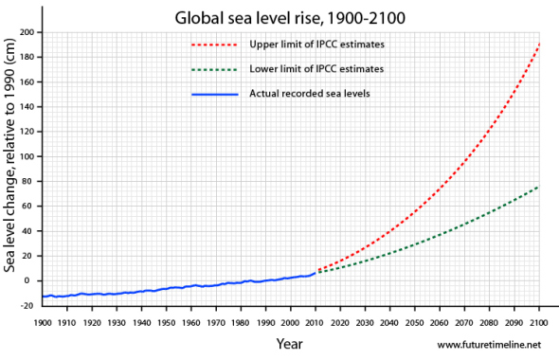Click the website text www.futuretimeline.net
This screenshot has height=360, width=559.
(x=493, y=345)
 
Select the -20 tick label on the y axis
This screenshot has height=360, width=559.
(x=27, y=305)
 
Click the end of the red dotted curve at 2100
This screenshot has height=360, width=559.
(x=540, y=45)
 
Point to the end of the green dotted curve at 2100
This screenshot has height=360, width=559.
(x=540, y=187)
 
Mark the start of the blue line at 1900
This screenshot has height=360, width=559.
(x=43, y=297)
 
